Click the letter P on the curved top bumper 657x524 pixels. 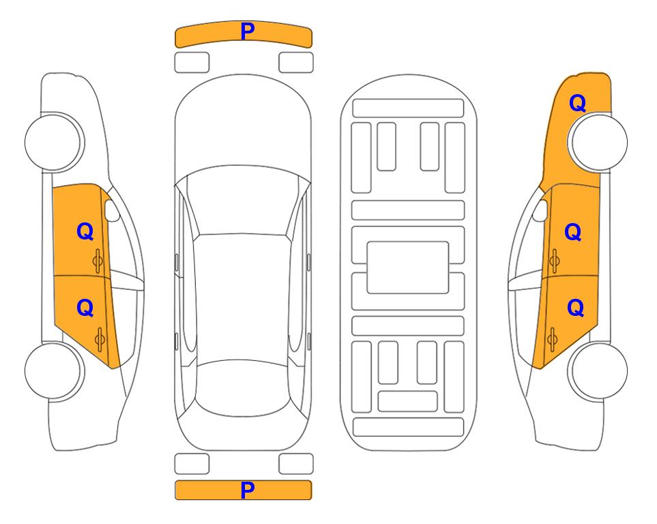pos(248,31)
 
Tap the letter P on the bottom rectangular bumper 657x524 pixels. pos(248,490)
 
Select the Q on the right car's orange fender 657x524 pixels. pos(577,103)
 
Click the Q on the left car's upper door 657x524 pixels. pos(85,231)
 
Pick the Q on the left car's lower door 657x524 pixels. pos(85,308)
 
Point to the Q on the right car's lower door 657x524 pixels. pos(575,308)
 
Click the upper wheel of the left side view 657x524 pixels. pos(53,142)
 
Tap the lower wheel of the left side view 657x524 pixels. pos(53,370)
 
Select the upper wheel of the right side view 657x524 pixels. pos(599,142)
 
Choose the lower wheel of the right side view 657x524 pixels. pos(599,370)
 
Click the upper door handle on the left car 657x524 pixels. pos(98,261)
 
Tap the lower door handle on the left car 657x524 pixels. pos(100,339)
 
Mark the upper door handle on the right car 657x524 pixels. pos(554,261)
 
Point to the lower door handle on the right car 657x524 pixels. pos(552,339)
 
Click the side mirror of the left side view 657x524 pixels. pos(112,210)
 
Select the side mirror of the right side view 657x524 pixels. pos(540,210)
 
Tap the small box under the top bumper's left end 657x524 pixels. pos(192,63)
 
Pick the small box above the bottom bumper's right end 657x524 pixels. pos(296,464)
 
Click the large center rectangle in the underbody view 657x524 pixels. pos(408,267)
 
